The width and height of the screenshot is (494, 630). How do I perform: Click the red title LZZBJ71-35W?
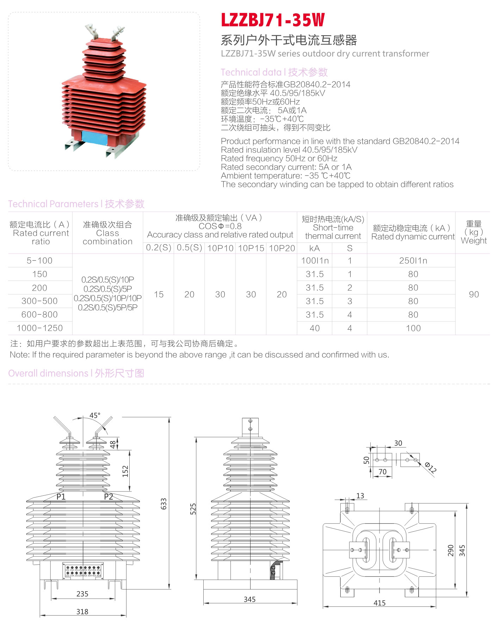[272, 20]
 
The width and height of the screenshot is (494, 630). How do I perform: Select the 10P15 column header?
[251, 248]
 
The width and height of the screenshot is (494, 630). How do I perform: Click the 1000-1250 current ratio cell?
[40, 328]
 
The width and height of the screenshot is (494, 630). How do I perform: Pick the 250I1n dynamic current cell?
[413, 261]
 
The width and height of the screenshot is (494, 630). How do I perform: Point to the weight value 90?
[474, 294]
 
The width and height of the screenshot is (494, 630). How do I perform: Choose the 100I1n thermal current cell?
[315, 261]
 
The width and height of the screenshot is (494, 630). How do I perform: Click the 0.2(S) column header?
[159, 248]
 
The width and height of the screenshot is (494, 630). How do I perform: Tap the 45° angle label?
[95, 415]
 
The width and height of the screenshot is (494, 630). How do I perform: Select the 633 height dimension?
[164, 504]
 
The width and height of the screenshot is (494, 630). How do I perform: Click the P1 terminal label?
[61, 497]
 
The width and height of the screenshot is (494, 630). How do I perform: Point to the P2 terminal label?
[109, 497]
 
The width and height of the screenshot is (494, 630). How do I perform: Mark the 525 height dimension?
[193, 509]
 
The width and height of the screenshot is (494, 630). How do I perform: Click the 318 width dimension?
[82, 612]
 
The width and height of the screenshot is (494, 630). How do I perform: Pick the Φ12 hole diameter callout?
[431, 467]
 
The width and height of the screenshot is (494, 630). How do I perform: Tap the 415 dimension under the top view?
[379, 603]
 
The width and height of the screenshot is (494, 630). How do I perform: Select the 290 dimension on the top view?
[451, 550]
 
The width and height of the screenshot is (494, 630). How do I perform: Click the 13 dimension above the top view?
[360, 496]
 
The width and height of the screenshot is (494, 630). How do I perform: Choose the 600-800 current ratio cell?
[40, 315]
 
